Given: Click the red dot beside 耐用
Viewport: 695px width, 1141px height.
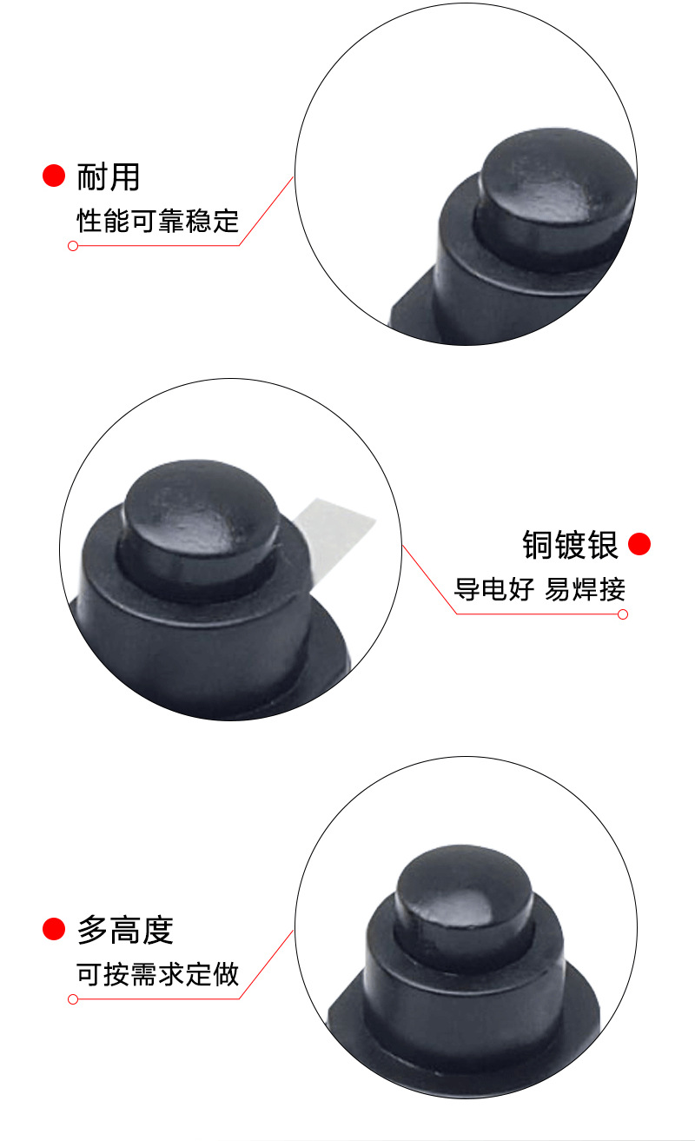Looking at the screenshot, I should pyautogui.click(x=54, y=176).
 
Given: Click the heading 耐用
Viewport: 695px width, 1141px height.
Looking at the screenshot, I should pyautogui.click(x=109, y=176).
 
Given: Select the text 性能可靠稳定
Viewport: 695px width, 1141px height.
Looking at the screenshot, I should pyautogui.click(x=157, y=220).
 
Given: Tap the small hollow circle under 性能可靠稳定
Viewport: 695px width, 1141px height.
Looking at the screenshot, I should pyautogui.click(x=73, y=246).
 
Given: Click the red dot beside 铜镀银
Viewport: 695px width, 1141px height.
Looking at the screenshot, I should pyautogui.click(x=639, y=545).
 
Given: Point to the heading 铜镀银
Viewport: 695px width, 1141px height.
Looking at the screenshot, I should pyautogui.click(x=570, y=545).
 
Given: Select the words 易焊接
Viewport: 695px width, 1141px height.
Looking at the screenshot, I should pyautogui.click(x=585, y=589).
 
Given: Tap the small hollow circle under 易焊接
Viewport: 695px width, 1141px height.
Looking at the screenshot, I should pyautogui.click(x=622, y=614).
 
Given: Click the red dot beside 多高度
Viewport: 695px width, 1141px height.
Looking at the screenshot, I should pyautogui.click(x=54, y=929).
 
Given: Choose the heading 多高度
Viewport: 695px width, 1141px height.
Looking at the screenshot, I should pyautogui.click(x=125, y=930).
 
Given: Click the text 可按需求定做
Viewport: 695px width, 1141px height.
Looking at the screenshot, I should pyautogui.click(x=157, y=973).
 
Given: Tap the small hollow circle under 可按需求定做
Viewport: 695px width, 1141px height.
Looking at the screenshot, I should pyautogui.click(x=73, y=999).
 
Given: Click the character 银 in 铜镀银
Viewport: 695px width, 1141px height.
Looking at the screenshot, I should pyautogui.click(x=602, y=545).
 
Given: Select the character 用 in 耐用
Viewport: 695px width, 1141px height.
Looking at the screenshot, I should pyautogui.click(x=124, y=176).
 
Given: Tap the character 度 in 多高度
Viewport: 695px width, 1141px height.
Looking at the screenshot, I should pyautogui.click(x=158, y=930).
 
